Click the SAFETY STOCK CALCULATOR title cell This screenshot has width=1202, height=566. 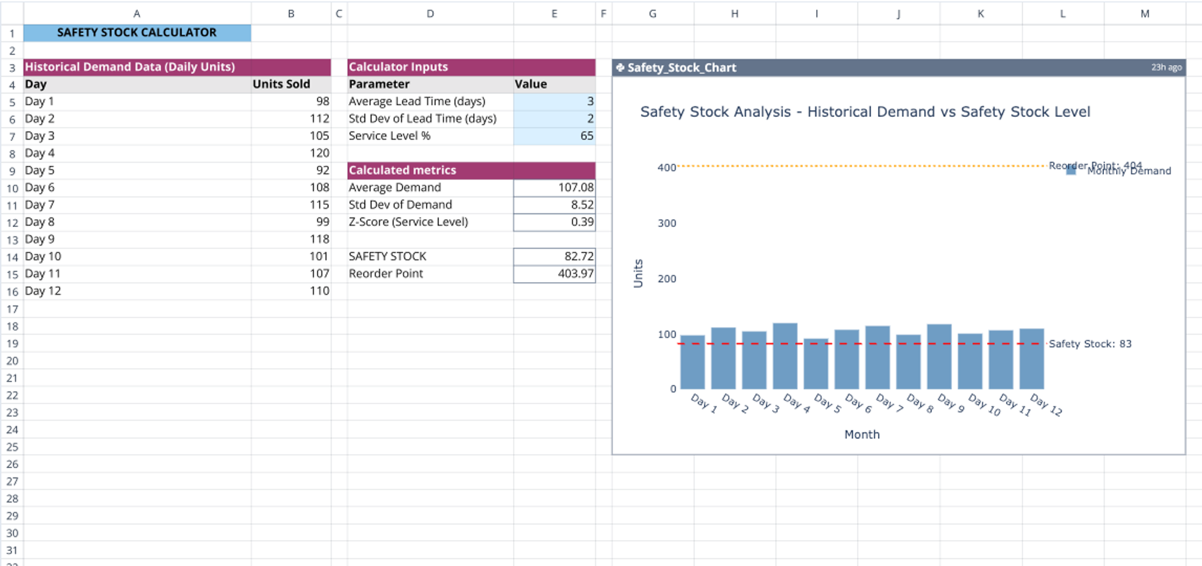coord(137,32)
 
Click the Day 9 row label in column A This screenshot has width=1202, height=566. coord(40,239)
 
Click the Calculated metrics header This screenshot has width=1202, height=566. coord(402,170)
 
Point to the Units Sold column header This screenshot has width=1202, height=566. coord(282,84)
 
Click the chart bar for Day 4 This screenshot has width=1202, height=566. coord(785,357)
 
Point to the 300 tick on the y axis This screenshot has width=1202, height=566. coord(667,223)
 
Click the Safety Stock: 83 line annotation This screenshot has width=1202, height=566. coord(1089,344)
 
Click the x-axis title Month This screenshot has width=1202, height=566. coord(862,434)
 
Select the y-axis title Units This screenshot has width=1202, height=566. coord(638,273)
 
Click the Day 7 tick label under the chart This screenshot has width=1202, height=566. coord(889,403)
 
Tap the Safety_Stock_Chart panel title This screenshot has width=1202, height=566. coord(681,68)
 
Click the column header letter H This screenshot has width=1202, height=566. coord(734,13)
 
